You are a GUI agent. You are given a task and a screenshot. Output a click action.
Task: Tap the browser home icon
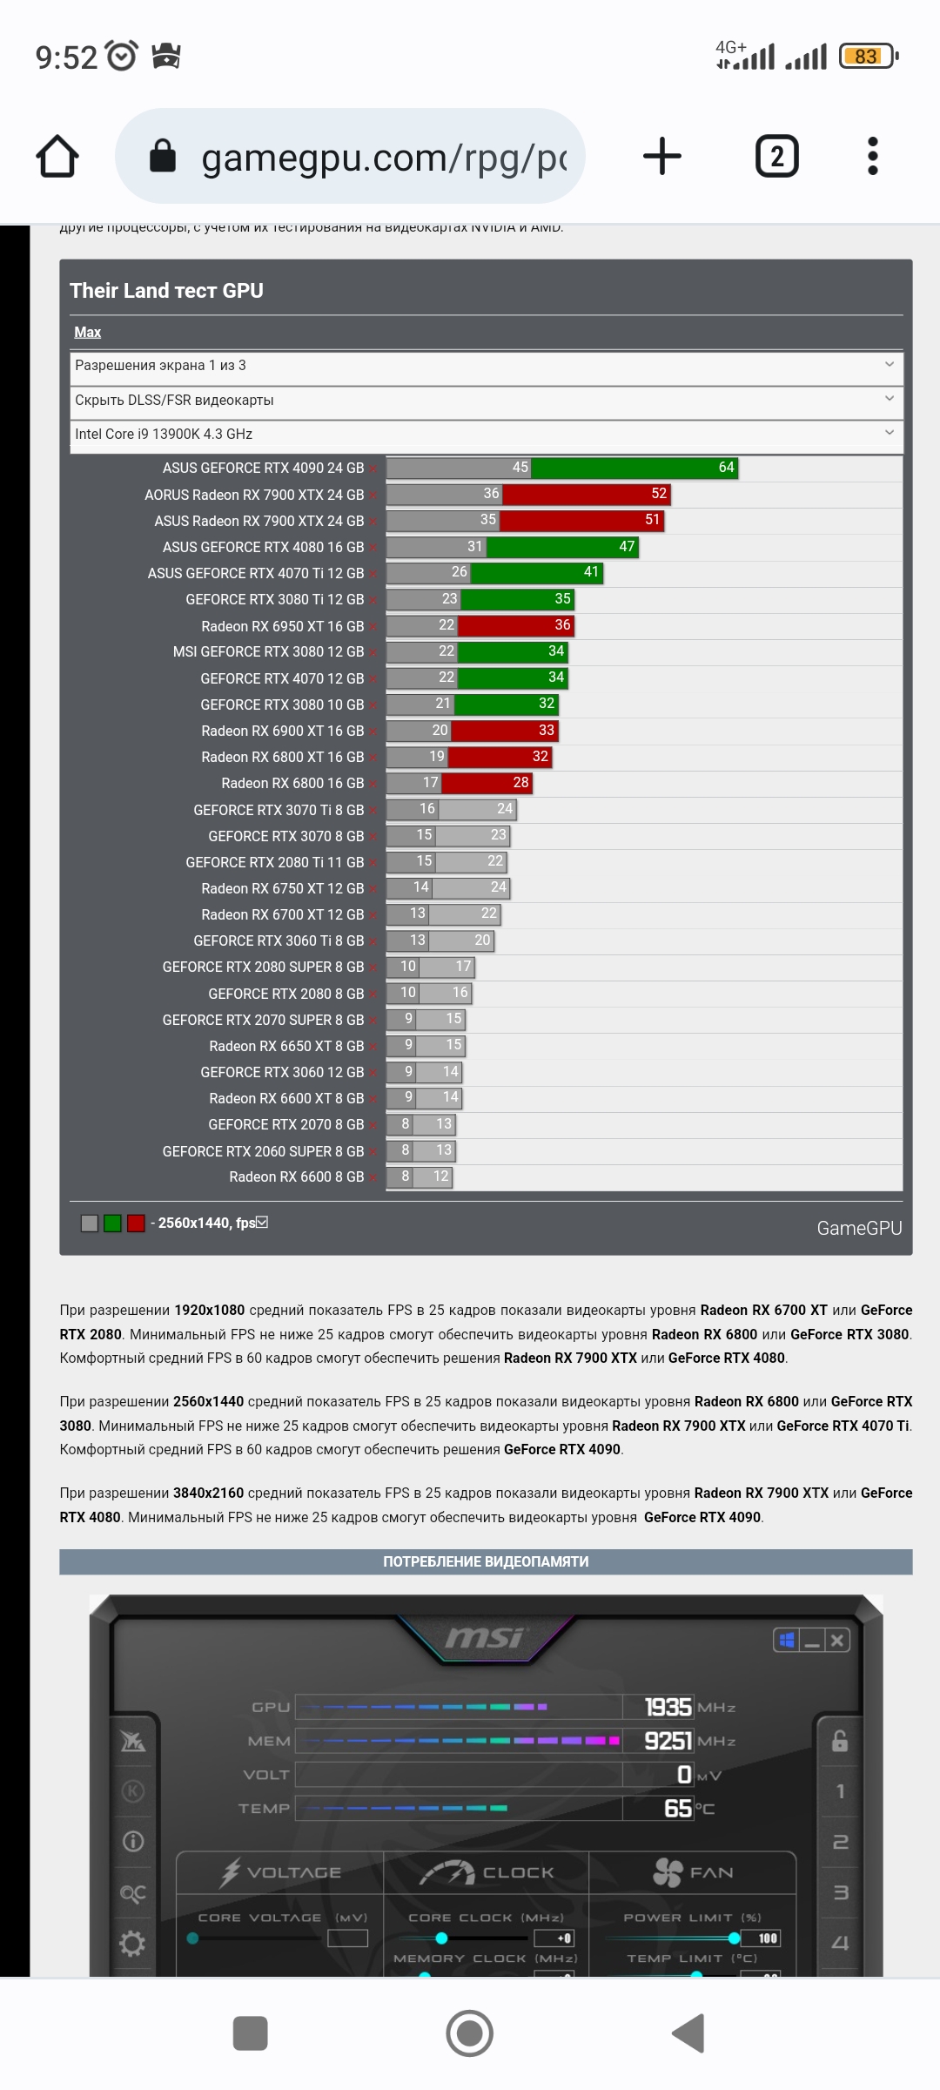[57, 157]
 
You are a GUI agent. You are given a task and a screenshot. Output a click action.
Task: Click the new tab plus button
[661, 157]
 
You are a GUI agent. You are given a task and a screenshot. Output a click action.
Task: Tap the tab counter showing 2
[776, 157]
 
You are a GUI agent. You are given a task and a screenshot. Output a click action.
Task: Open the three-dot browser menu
[873, 157]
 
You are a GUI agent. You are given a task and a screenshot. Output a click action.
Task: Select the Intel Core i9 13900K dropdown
[486, 434]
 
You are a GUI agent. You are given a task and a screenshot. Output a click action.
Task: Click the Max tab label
[87, 333]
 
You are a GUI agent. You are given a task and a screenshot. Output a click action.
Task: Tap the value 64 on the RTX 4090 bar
[726, 468]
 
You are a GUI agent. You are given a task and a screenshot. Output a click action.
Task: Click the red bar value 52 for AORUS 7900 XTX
[659, 494]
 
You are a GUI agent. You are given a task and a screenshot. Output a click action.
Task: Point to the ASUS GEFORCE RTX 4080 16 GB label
[263, 547]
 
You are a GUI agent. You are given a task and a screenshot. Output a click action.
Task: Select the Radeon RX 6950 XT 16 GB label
[282, 626]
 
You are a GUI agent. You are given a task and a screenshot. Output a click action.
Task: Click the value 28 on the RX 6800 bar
[520, 783]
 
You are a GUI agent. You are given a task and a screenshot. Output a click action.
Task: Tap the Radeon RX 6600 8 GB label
[296, 1177]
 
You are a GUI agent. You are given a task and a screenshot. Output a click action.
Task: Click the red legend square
[136, 1224]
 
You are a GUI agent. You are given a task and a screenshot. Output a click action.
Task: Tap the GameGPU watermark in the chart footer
[858, 1228]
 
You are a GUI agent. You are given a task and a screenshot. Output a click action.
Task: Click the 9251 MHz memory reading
[668, 1741]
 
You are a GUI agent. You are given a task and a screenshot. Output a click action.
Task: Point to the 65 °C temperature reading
[678, 1809]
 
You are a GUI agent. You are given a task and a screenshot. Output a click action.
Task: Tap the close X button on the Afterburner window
[836, 1641]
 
